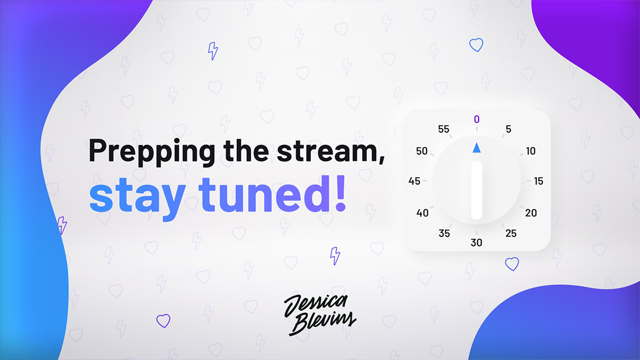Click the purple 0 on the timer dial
pyautogui.click(x=477, y=119)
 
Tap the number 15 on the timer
pyautogui.click(x=539, y=181)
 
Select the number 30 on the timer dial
pyautogui.click(x=477, y=243)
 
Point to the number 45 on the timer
pyautogui.click(x=414, y=181)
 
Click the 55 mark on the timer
pyautogui.click(x=444, y=129)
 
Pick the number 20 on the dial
pyautogui.click(x=531, y=213)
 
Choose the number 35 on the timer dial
pyautogui.click(x=444, y=234)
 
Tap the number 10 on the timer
pyautogui.click(x=531, y=151)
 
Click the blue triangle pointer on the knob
pyautogui.click(x=477, y=148)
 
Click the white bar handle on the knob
pyautogui.click(x=477, y=190)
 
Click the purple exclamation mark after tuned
pyautogui.click(x=341, y=194)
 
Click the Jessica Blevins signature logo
pyautogui.click(x=320, y=314)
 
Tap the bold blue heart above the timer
pyautogui.click(x=476, y=45)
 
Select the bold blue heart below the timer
pyautogui.click(x=512, y=264)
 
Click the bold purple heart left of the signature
pyautogui.click(x=163, y=321)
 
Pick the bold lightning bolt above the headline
pyautogui.click(x=213, y=51)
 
